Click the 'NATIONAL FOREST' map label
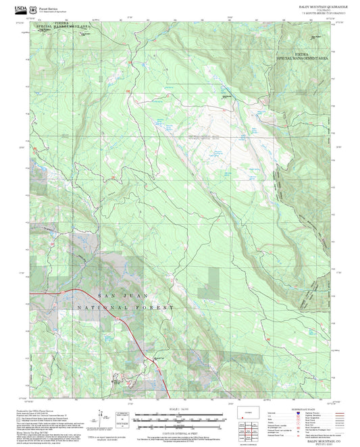[x=124, y=307]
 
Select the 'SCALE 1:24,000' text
[x=178, y=409]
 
